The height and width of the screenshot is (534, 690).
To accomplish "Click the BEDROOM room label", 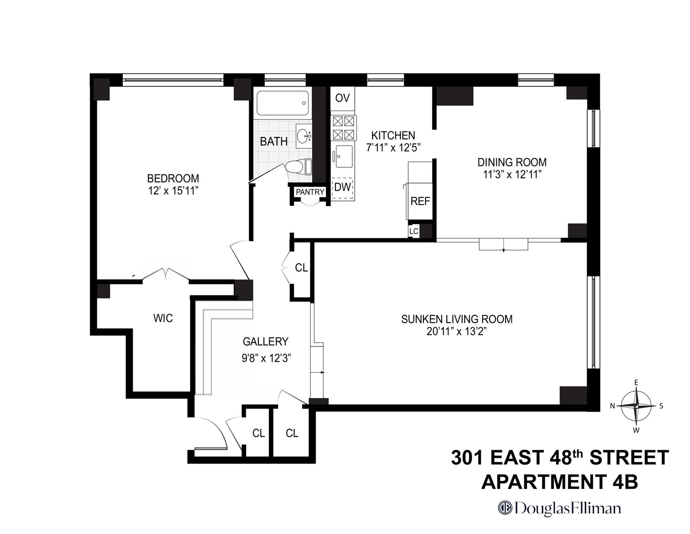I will (173, 178).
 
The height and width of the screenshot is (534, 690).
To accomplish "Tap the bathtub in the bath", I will (282, 103).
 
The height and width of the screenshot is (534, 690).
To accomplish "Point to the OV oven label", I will (342, 98).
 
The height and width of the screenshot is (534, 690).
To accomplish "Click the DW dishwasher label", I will (342, 187).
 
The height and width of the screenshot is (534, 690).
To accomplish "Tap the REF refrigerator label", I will (420, 201).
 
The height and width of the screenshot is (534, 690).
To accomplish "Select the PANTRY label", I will (310, 192).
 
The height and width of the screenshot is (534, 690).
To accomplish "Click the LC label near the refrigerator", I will (414, 231).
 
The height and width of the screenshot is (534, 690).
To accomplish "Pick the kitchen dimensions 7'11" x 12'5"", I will (393, 148).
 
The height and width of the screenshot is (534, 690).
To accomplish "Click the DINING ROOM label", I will (512, 162).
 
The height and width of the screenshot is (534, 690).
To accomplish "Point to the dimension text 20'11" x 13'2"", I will (456, 331).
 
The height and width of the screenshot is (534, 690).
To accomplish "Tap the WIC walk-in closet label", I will (163, 318).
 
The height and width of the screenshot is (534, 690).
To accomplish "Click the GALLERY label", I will (265, 341).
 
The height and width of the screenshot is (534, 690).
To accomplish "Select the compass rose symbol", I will (636, 406).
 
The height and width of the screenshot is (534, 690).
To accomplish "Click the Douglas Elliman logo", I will (559, 508).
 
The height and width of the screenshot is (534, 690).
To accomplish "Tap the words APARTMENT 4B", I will (559, 482).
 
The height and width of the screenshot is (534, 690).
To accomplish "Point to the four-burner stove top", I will (343, 128).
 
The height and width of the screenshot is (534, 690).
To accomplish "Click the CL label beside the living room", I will (301, 267).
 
